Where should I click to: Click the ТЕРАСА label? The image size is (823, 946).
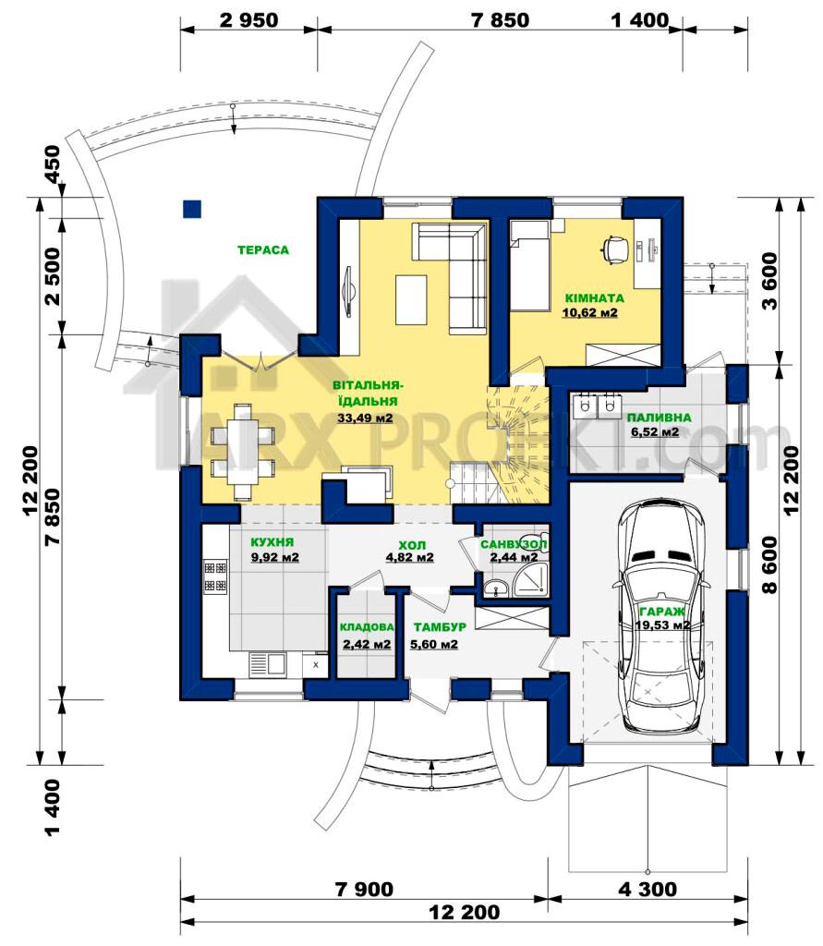click(x=263, y=249)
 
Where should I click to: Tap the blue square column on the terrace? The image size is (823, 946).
click(x=192, y=209)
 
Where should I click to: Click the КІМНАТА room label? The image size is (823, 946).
click(x=594, y=298)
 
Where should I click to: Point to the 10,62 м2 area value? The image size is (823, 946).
click(x=590, y=312)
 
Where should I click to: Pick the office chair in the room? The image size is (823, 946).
click(x=613, y=249)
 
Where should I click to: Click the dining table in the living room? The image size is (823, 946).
click(x=243, y=451)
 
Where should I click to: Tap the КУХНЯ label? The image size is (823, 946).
click(x=272, y=541)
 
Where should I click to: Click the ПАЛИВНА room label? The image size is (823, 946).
click(x=659, y=418)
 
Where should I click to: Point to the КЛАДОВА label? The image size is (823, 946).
click(x=367, y=627)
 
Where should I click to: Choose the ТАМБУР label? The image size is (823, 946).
click(x=440, y=627)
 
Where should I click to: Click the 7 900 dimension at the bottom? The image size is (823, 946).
click(x=364, y=889)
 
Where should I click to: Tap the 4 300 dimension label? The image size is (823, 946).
click(x=648, y=889)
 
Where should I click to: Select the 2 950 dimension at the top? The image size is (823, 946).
click(x=249, y=20)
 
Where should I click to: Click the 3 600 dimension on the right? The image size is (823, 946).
click(x=770, y=281)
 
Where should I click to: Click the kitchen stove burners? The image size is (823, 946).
click(x=215, y=576)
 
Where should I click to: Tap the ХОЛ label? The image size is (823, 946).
click(x=412, y=545)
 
